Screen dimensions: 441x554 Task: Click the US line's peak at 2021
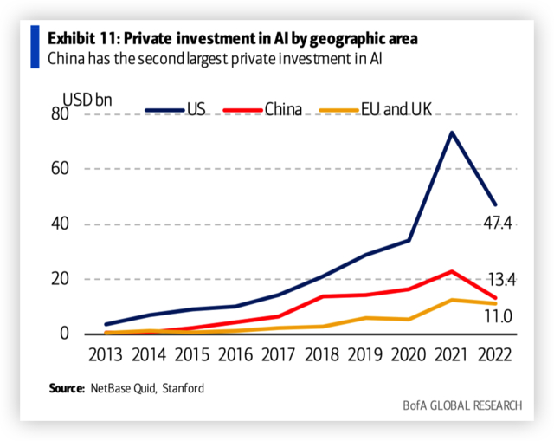click(452, 133)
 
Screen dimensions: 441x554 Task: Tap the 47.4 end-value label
click(498, 224)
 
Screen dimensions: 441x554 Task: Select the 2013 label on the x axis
click(105, 354)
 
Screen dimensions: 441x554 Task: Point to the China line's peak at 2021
click(452, 271)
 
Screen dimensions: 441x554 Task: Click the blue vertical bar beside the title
click(35, 47)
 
